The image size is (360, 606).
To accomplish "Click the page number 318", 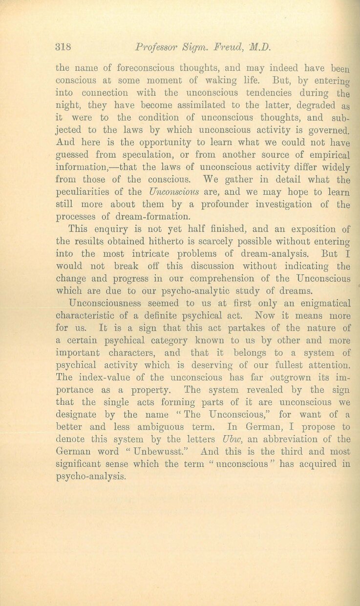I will click(64, 47).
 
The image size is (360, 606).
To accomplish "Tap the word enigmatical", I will click(316, 304).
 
